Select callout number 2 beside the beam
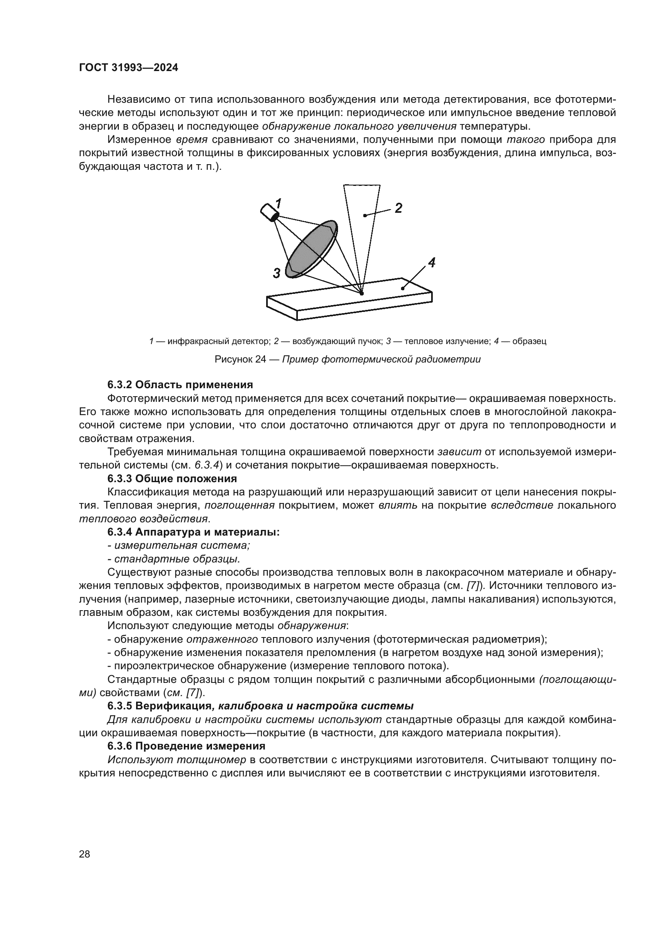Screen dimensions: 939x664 point(398,208)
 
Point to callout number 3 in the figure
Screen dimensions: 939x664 point(277,273)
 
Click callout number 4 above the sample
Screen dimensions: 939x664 point(431,263)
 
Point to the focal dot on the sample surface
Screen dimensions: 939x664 point(361,293)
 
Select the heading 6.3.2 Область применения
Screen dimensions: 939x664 point(180,385)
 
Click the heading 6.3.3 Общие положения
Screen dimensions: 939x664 point(172,479)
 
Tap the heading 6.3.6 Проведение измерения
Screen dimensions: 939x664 point(186,746)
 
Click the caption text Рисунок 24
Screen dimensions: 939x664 point(240,359)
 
